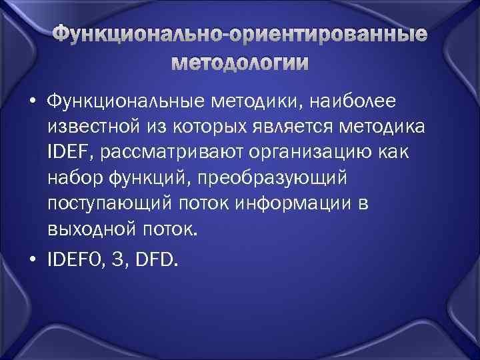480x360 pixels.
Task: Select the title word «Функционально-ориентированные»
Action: [240, 35]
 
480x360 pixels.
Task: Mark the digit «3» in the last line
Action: [121, 259]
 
